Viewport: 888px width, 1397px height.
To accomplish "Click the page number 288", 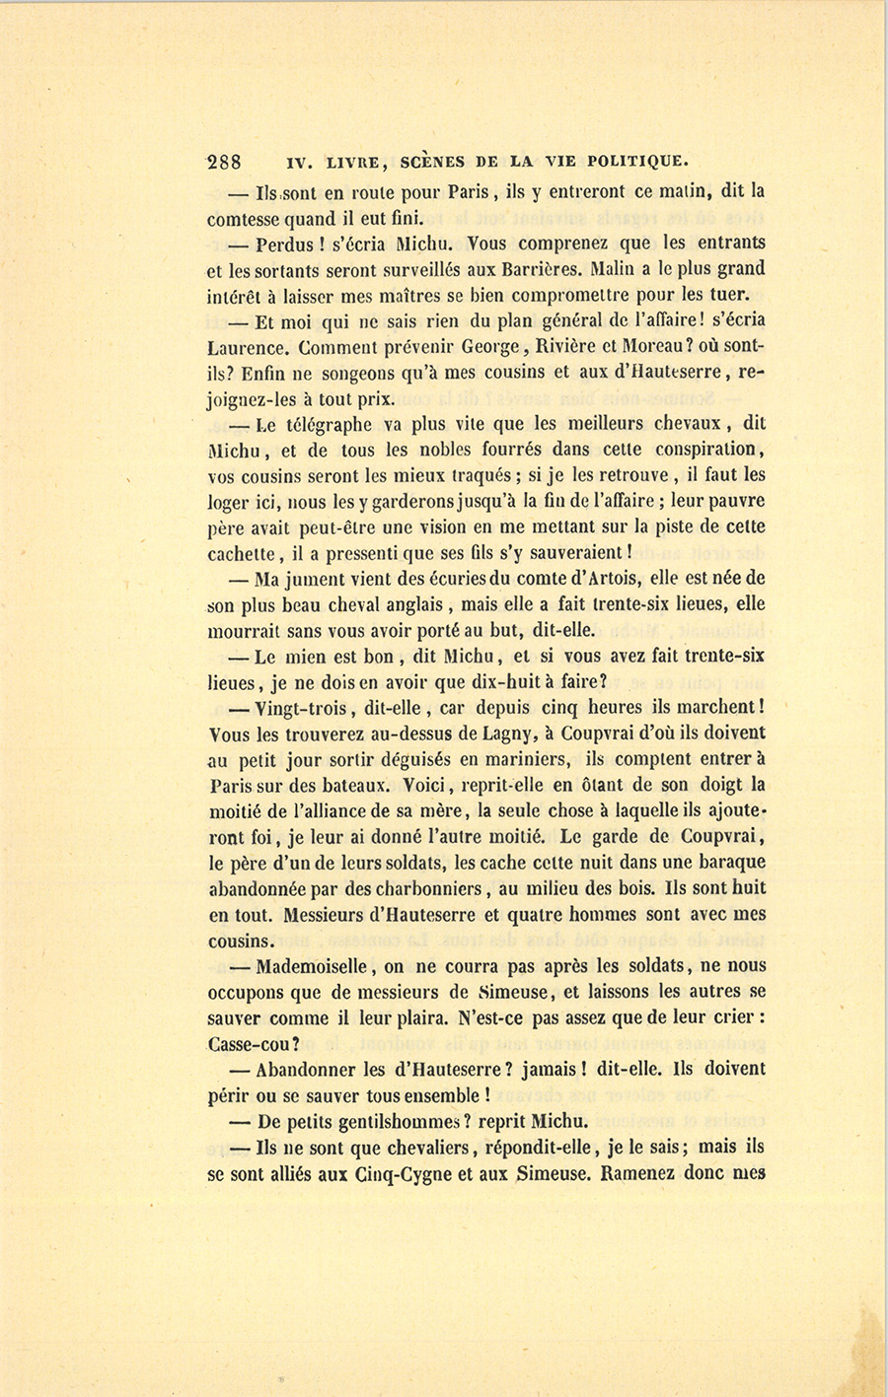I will click(x=226, y=162).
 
